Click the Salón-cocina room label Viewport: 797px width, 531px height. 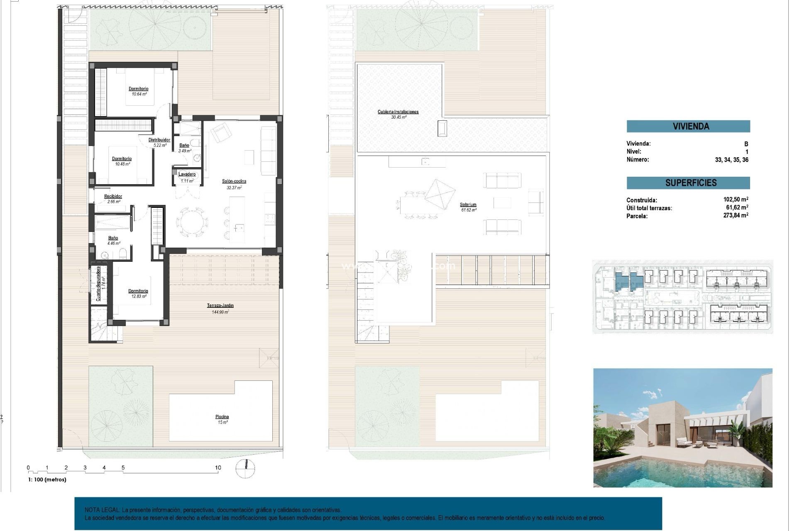234,181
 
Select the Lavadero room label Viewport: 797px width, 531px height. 187,174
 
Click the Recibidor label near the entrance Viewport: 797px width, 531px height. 113,196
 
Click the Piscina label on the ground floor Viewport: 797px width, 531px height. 222,417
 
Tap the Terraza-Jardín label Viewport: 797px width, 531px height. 220,306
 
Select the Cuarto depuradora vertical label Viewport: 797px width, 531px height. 99,283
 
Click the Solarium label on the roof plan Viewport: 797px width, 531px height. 468,205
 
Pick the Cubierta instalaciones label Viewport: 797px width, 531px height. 398,112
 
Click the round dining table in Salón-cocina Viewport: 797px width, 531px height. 192,222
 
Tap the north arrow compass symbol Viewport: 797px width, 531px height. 245,468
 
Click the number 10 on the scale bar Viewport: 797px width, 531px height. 218,468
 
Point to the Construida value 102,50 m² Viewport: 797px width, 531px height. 736,200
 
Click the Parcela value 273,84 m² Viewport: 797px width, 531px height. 736,215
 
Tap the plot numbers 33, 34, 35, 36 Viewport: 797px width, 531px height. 731,160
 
